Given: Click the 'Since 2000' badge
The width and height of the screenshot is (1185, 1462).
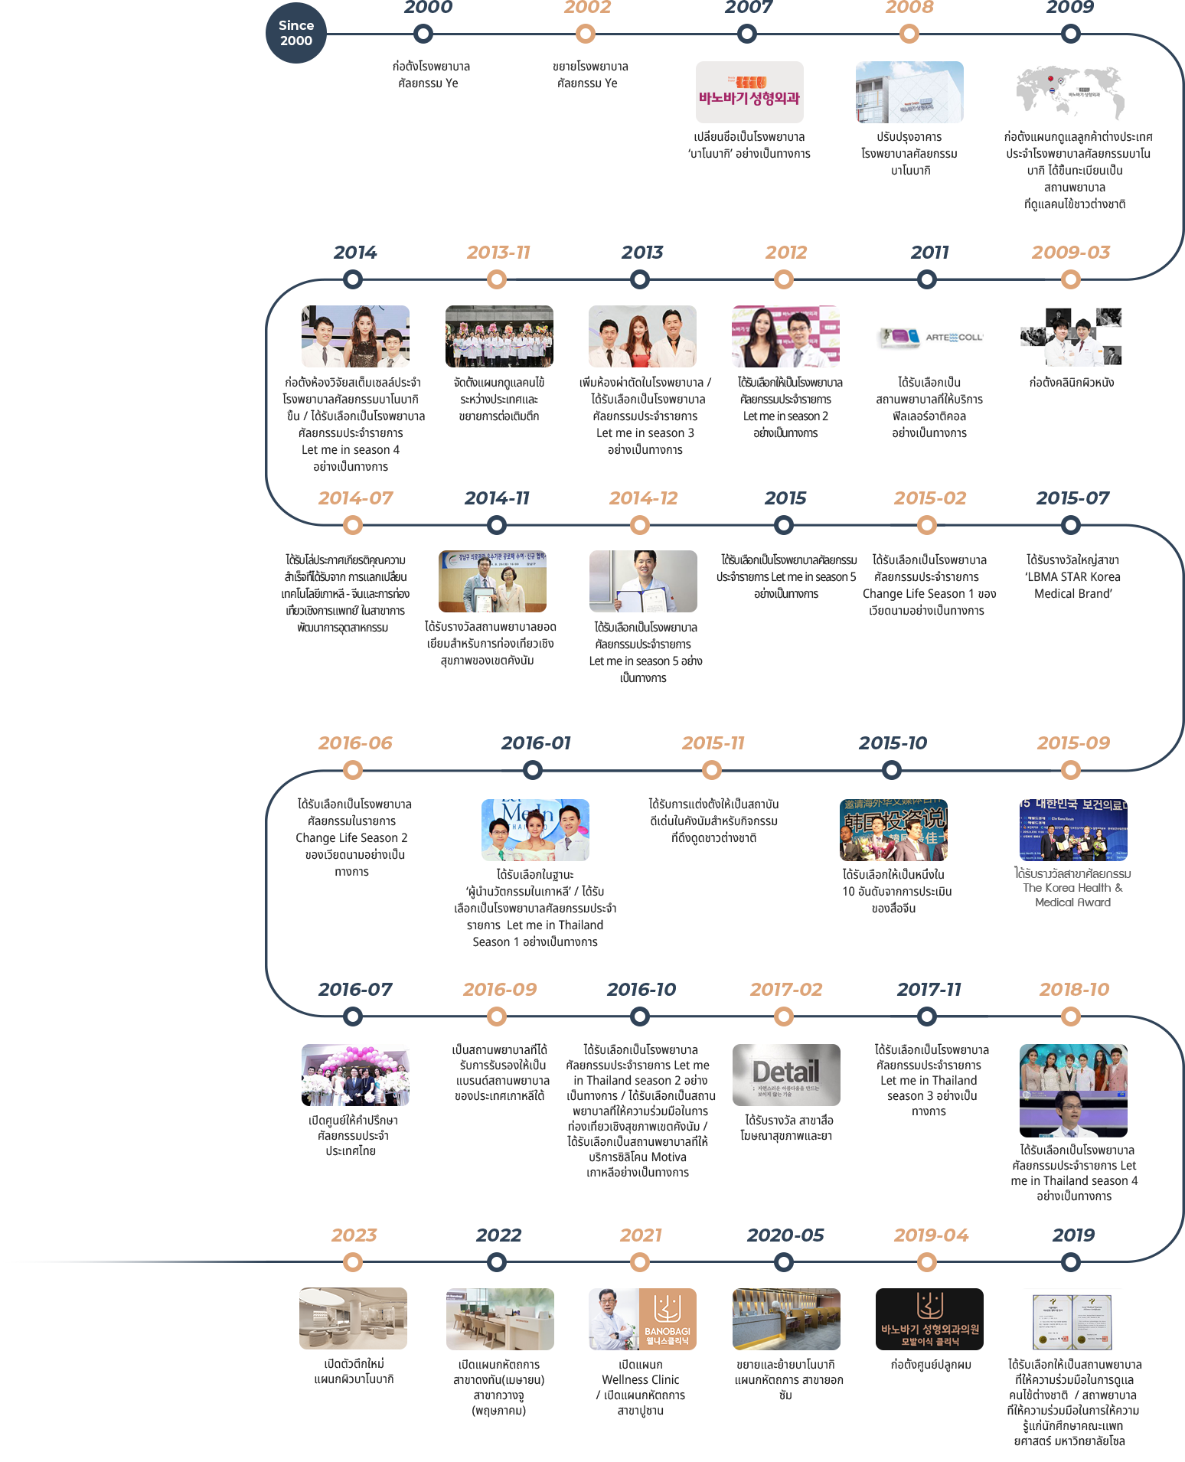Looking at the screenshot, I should [296, 33].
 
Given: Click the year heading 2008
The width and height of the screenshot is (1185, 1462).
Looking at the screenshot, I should [909, 8].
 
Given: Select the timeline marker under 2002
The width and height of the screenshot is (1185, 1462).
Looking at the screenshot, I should [586, 34].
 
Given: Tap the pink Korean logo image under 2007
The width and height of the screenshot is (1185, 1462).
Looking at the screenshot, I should [749, 92].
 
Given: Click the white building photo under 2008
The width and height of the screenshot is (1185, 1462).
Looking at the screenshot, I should [909, 92].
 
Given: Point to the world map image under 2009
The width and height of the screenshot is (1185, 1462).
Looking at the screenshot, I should [1070, 92].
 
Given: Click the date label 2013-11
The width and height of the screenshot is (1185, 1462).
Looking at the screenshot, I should [498, 253].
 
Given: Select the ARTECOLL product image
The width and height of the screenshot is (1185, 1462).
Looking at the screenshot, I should [929, 336].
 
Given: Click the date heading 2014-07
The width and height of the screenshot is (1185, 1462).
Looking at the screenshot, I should [355, 498].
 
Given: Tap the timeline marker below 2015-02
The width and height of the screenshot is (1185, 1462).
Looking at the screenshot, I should [927, 525].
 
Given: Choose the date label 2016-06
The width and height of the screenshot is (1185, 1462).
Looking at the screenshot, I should [355, 743].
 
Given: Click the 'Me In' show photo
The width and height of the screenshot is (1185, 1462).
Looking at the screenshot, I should [535, 830].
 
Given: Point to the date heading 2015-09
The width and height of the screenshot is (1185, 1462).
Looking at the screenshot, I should [1073, 743].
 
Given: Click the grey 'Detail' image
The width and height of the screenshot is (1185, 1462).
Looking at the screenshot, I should [786, 1075].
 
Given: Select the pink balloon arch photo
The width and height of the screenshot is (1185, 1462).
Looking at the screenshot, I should [355, 1075].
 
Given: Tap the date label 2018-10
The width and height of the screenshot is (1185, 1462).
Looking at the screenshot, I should [1074, 990].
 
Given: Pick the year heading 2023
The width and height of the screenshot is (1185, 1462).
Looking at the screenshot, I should [354, 1235].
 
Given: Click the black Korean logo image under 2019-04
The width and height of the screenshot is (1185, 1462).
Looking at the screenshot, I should [929, 1319].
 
